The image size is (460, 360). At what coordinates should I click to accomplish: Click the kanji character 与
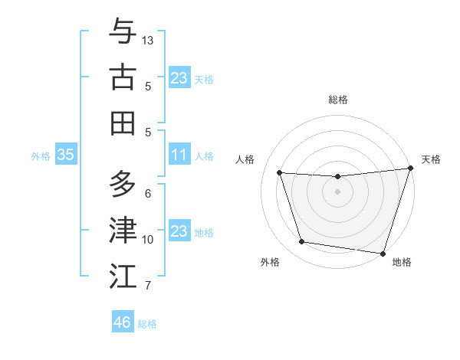(123, 32)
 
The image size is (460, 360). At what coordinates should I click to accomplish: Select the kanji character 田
(123, 123)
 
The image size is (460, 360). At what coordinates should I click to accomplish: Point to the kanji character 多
(123, 185)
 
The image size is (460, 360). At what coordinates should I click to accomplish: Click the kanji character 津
(123, 231)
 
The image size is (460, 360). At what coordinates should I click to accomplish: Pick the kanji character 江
(123, 277)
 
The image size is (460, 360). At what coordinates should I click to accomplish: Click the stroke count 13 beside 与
(148, 40)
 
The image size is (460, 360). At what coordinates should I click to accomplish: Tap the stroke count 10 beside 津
(148, 240)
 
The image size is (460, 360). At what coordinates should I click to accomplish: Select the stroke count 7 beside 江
(148, 286)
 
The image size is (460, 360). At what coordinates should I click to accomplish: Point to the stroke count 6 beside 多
(148, 193)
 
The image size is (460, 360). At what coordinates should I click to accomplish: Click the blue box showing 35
(65, 155)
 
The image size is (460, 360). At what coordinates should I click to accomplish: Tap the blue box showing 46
(122, 322)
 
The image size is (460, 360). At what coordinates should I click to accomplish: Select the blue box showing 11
(179, 155)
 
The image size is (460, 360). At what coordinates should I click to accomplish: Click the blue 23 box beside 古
(179, 77)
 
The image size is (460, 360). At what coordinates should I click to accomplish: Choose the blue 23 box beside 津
(179, 231)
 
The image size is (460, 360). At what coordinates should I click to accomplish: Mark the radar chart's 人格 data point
(280, 173)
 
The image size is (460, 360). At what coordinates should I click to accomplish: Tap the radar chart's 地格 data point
(383, 253)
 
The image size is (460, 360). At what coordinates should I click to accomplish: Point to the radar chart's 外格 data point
(301, 242)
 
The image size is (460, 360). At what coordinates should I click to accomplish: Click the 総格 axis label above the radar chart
(337, 100)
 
